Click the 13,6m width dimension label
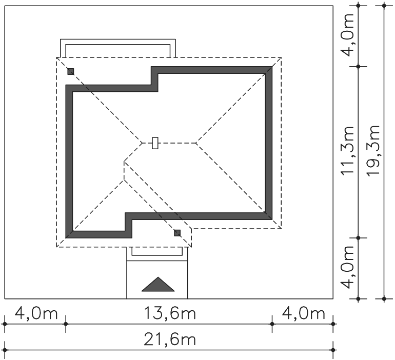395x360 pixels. (169, 314)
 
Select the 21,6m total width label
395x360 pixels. (169, 339)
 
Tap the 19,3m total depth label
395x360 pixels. (373, 151)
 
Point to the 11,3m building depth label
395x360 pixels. (348, 151)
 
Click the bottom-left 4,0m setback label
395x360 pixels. (36, 314)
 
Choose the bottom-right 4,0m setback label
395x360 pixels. (303, 314)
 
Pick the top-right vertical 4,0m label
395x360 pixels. (348, 35)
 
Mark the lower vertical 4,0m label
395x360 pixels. (348, 267)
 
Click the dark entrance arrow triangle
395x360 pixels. (158, 284)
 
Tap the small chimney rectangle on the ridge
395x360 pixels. (155, 143)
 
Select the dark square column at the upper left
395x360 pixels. (71, 71)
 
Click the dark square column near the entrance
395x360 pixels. (177, 233)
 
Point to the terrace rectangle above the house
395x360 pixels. (118, 48)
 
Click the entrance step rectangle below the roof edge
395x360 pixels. (157, 251)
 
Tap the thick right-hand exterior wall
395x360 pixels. (269, 143)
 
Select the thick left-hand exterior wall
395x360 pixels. (69, 162)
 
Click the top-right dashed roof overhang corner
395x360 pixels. (281, 57)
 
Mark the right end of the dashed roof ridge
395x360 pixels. (196, 143)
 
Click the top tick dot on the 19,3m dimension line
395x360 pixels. (384, 5)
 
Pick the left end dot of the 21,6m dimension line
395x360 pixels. (5, 350)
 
